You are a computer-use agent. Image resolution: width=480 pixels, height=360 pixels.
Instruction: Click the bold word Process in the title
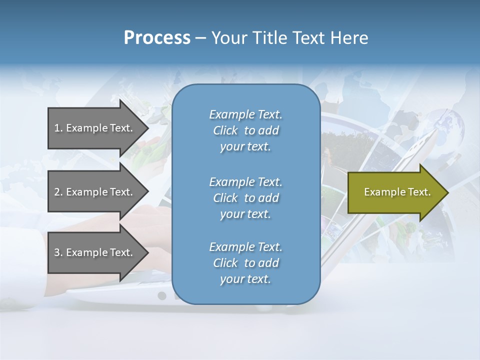click(x=157, y=38)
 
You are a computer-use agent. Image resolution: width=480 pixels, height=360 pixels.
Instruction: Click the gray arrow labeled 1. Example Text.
click(x=95, y=128)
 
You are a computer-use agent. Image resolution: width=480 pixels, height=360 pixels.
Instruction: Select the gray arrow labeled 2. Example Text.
click(x=95, y=192)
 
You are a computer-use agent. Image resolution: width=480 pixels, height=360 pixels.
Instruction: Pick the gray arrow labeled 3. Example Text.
click(x=95, y=252)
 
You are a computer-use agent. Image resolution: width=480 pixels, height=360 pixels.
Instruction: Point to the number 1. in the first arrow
click(x=58, y=128)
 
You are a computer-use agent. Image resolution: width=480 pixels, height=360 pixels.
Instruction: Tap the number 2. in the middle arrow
click(x=58, y=192)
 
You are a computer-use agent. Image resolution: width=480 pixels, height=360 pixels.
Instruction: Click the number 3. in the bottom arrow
click(x=58, y=252)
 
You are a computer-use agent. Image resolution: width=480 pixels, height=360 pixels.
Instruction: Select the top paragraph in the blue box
click(x=245, y=130)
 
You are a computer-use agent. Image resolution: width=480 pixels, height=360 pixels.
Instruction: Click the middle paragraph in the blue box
click(x=245, y=198)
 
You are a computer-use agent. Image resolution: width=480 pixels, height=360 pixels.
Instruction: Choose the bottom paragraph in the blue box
click(x=245, y=263)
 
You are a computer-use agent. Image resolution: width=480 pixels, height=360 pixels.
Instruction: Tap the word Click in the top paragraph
click(x=225, y=131)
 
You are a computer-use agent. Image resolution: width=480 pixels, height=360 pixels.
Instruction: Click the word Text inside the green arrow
click(x=419, y=192)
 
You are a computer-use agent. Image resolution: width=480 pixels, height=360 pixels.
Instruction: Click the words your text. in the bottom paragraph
click(x=245, y=279)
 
